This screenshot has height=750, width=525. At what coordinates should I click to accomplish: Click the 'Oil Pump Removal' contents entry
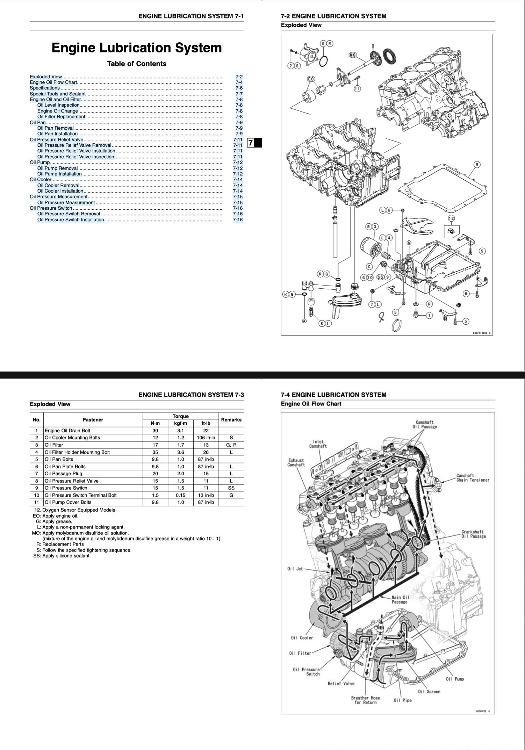[58, 168]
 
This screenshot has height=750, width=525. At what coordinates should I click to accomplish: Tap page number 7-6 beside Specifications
[239, 88]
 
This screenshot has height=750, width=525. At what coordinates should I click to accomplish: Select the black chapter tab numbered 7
[254, 143]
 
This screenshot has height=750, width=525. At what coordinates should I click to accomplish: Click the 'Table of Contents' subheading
[137, 64]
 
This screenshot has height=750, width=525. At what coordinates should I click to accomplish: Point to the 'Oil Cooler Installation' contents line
[60, 191]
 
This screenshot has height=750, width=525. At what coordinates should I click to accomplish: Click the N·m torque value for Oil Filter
[155, 445]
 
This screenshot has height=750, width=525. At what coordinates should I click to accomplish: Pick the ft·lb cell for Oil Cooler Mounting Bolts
[206, 438]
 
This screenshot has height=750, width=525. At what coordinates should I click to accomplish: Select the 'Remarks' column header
[231, 420]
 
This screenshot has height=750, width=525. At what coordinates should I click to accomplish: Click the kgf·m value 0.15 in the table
[180, 495]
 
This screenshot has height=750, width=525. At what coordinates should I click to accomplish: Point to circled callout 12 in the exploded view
[451, 218]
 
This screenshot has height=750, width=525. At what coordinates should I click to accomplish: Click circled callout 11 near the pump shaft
[357, 89]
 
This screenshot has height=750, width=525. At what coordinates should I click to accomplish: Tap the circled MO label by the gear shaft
[353, 55]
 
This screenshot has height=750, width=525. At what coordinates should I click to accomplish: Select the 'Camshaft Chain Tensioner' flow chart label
[473, 478]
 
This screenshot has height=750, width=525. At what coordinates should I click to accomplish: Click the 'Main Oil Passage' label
[400, 599]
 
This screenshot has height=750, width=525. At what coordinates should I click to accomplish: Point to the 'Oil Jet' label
[295, 569]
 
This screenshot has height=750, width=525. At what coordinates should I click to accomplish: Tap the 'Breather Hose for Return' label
[365, 700]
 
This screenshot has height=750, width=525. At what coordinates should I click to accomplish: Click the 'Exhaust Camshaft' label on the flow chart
[296, 462]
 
